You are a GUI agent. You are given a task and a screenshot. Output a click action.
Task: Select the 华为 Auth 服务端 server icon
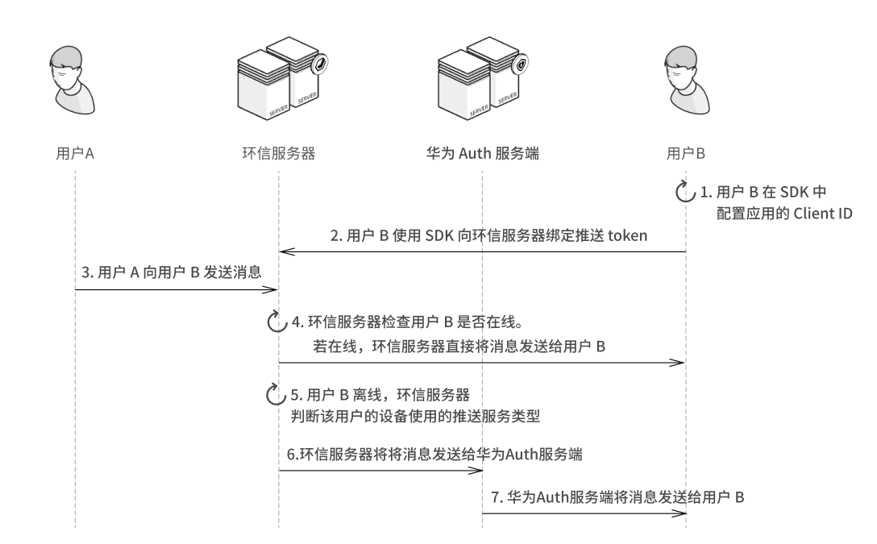[x=482, y=79]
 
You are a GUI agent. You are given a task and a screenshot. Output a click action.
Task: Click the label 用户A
[x=74, y=152]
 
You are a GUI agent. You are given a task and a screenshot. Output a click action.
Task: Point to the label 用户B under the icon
[x=687, y=152]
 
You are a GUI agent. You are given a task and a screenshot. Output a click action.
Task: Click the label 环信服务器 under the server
[x=278, y=152]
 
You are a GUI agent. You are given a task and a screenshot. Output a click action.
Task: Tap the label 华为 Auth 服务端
[x=482, y=152]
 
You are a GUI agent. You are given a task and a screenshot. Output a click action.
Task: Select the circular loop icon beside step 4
[x=276, y=323]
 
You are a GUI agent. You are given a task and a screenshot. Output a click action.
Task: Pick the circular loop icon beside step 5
[x=276, y=396]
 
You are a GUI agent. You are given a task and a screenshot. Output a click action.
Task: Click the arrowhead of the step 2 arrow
[x=285, y=252]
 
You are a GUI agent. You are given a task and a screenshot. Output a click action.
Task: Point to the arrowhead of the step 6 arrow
[x=476, y=471]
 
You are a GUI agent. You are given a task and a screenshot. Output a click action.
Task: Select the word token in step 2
[x=631, y=236]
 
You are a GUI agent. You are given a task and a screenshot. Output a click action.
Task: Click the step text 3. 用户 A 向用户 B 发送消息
[x=172, y=272]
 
